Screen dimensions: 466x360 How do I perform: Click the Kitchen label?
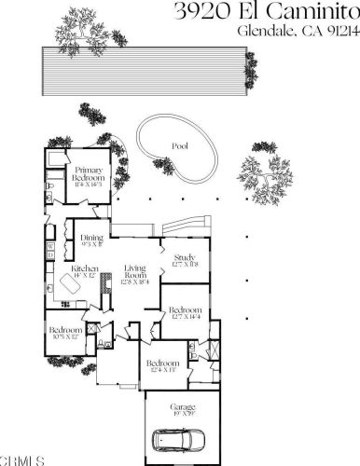point(85,271)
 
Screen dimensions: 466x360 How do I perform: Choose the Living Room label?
point(136,276)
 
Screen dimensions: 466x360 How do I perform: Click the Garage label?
point(182,408)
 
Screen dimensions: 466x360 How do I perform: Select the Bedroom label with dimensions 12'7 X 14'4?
point(186,314)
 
